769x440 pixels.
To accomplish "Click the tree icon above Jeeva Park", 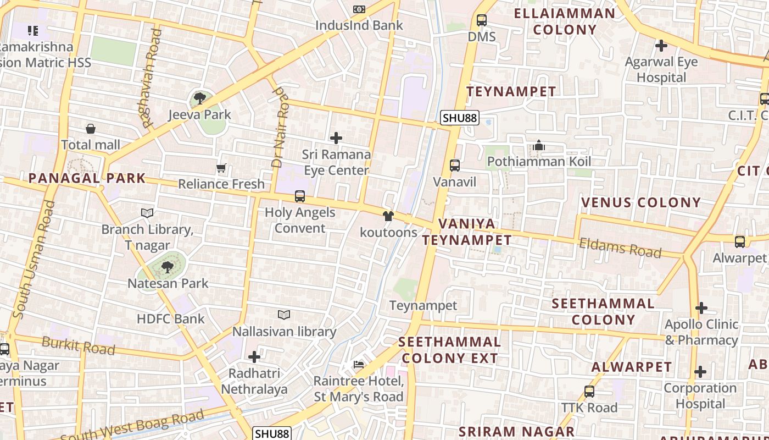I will coord(199,99).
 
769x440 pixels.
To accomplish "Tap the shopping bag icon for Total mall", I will coord(91,129).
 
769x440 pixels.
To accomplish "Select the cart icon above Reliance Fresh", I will coord(221,168).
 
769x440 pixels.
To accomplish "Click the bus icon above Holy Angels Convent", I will coord(300,196).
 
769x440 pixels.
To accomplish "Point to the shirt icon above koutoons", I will coord(388,216).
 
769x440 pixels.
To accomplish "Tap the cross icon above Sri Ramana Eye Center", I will coord(336,138).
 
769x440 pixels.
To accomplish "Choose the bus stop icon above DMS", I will coord(482,20).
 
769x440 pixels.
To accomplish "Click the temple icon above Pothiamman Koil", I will coord(539,145).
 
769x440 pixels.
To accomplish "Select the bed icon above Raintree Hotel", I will coord(359,365).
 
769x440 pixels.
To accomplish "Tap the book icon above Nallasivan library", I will coord(284,315).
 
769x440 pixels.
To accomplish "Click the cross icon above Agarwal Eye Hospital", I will coord(661,46).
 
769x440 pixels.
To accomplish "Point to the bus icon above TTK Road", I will coord(589,392).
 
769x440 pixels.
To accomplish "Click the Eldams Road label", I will coord(620,248).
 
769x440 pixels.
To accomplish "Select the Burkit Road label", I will coord(79,346).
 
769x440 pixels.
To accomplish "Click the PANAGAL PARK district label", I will coord(87,178).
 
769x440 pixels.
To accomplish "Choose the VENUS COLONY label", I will coord(641,202).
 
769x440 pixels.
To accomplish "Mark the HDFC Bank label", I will coord(170,318).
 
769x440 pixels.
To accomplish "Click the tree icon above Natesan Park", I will coord(168,267).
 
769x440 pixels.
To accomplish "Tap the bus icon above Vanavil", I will coord(455,166).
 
